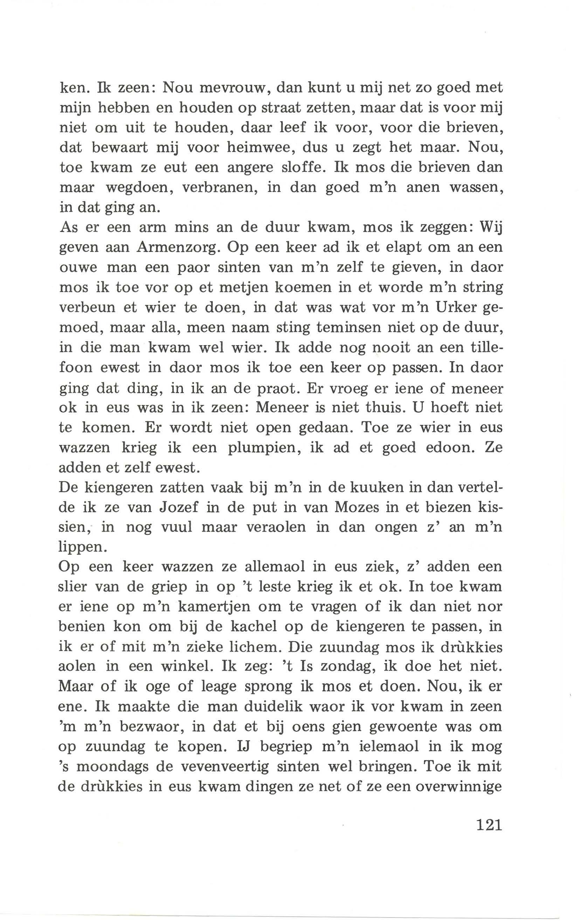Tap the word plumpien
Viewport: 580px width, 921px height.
(x=262, y=447)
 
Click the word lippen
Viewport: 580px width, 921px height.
(x=80, y=548)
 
